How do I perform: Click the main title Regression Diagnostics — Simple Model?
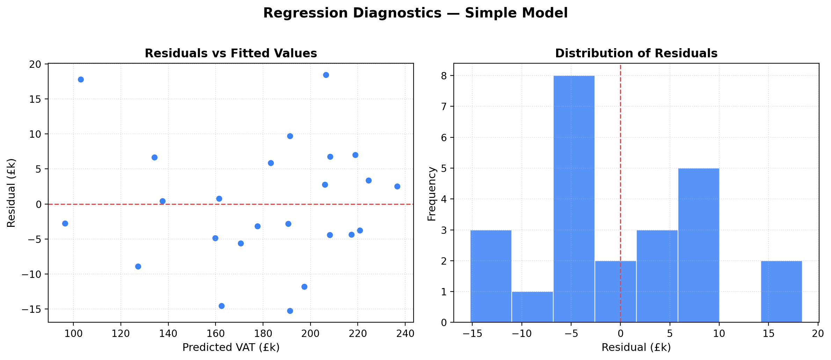[415, 13]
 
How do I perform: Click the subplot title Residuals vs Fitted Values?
[231, 53]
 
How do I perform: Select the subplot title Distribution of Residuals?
[636, 53]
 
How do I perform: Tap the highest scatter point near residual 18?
[326, 75]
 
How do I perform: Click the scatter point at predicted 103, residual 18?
[81, 80]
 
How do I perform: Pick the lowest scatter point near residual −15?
[290, 311]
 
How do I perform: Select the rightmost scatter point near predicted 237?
[397, 187]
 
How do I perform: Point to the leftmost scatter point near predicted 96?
[65, 224]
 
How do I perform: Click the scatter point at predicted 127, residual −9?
[138, 267]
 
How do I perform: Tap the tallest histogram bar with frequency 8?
[574, 199]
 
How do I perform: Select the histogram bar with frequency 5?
[699, 245]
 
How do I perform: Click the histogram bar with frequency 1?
[532, 307]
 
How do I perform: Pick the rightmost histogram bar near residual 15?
[781, 291]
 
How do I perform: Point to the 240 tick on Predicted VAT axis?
[405, 333]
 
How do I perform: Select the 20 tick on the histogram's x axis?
[818, 333]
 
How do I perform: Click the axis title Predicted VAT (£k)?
[231, 348]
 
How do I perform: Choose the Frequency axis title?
[432, 194]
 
